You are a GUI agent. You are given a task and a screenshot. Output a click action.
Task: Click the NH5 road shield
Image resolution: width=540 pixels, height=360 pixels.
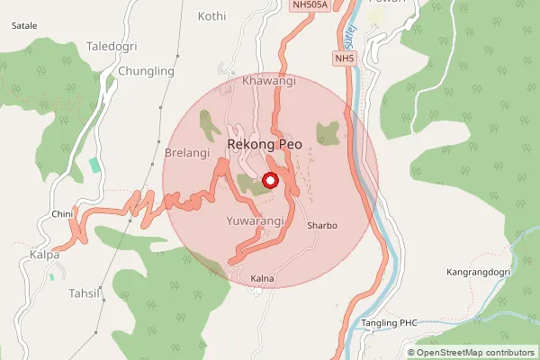(343, 58)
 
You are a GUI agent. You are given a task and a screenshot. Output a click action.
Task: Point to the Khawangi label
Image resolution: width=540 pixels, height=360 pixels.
(269, 81)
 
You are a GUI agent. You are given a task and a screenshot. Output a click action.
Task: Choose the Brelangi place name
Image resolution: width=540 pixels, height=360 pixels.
(186, 153)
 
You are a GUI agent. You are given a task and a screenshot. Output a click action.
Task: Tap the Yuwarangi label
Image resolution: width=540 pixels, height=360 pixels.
(256, 220)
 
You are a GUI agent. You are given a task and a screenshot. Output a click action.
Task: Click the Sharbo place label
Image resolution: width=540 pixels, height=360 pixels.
(321, 225)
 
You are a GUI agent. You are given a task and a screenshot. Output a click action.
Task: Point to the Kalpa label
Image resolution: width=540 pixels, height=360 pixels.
(43, 255)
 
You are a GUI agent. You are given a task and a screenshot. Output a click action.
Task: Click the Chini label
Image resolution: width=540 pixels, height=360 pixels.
(61, 213)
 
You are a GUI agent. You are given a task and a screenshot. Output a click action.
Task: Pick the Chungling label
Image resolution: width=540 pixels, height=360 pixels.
(146, 71)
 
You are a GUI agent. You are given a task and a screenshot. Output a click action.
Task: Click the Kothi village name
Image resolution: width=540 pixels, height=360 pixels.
(211, 16)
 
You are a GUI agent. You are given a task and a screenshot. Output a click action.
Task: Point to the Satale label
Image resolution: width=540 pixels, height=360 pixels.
(23, 26)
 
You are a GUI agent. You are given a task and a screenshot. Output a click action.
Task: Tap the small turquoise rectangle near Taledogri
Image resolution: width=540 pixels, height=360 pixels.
(95, 166)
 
